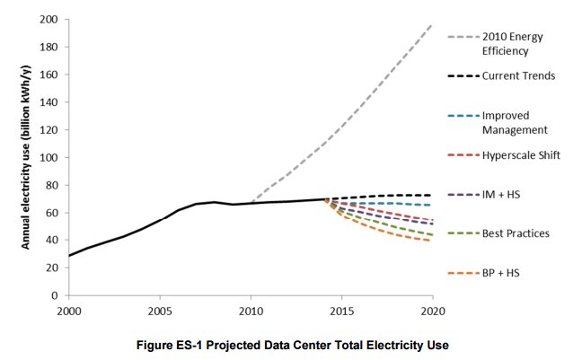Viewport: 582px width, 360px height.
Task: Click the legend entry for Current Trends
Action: pyautogui.click(x=518, y=76)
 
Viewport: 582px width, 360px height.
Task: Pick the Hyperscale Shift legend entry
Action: pyautogui.click(x=521, y=155)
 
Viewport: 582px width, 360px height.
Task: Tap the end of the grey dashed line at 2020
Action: pyautogui.click(x=432, y=25)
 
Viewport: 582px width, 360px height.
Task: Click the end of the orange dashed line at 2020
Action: pyautogui.click(x=432, y=241)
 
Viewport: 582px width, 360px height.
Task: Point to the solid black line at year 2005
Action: pyautogui.click(x=160, y=220)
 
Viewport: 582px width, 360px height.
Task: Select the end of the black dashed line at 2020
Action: pyautogui.click(x=432, y=195)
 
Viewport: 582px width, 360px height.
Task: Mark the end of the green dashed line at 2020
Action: pyautogui.click(x=432, y=235)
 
